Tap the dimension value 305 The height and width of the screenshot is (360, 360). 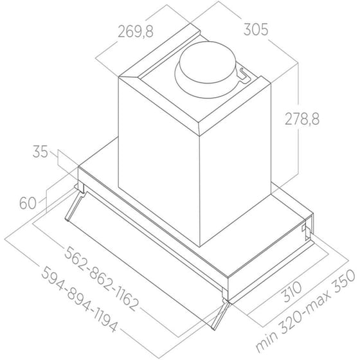(255, 30)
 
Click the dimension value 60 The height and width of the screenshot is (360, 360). (27, 204)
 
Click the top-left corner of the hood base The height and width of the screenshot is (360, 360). (79, 168)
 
